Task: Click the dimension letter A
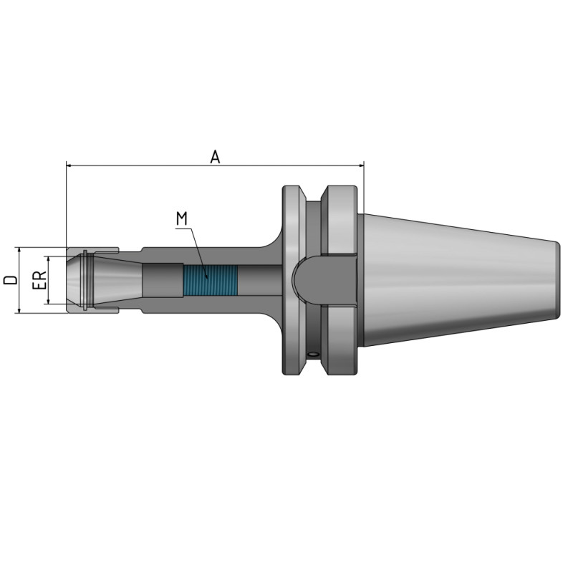point(214,157)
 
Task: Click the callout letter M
point(183,218)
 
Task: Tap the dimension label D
point(9,280)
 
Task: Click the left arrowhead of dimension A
point(69,166)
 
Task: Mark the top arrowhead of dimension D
point(20,251)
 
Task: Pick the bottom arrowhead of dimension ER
point(49,302)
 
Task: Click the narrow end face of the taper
point(557,280)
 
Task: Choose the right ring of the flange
point(340,215)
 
